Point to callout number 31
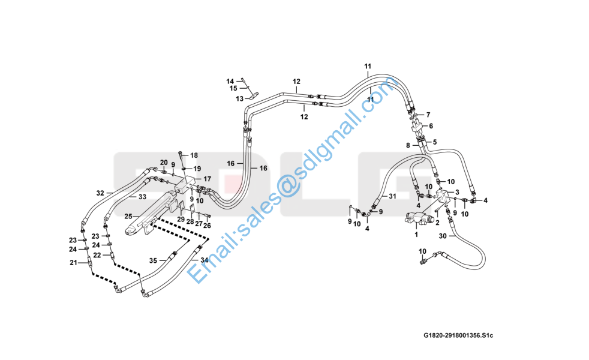coord(392,196)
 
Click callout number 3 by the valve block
coord(458,192)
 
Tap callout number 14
coord(230,81)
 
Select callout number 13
coord(239,98)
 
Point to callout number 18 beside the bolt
coord(194,155)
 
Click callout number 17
coord(207,179)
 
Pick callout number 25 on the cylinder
coord(128,216)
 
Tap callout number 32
coord(101,193)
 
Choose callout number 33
coord(142,196)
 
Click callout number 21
coord(73,263)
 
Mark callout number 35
coord(154,261)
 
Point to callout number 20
coord(164,163)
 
